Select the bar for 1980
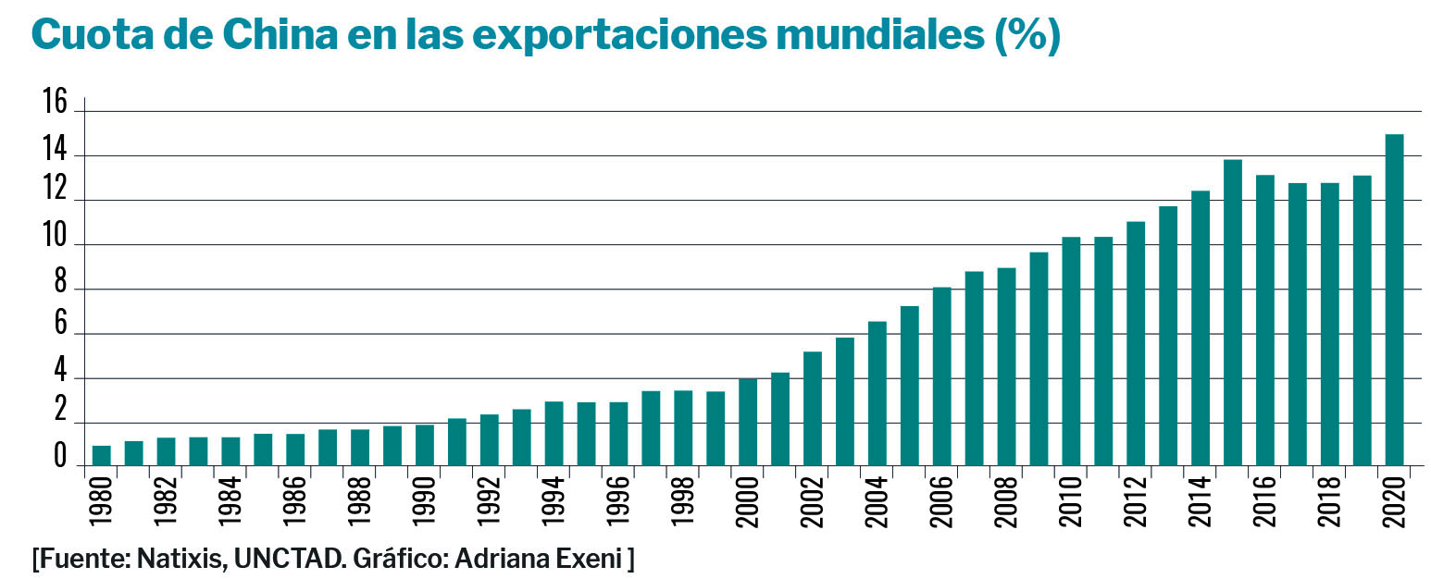pos(102,456)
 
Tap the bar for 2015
pos(1232,314)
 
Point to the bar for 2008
pos(1006,367)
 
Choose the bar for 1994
pos(554,434)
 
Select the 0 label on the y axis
pos(61,458)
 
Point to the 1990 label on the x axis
pos(425,502)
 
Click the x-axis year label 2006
pos(941,502)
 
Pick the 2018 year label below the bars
pos(1329,502)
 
